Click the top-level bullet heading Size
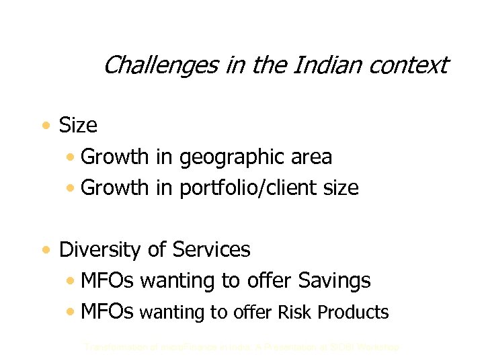(78, 125)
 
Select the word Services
(211, 250)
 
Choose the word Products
(353, 313)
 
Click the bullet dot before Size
(45, 126)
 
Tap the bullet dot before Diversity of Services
(45, 251)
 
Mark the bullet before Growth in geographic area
(71, 158)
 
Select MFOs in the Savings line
(107, 281)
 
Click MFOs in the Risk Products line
(107, 313)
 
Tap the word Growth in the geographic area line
(114, 157)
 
